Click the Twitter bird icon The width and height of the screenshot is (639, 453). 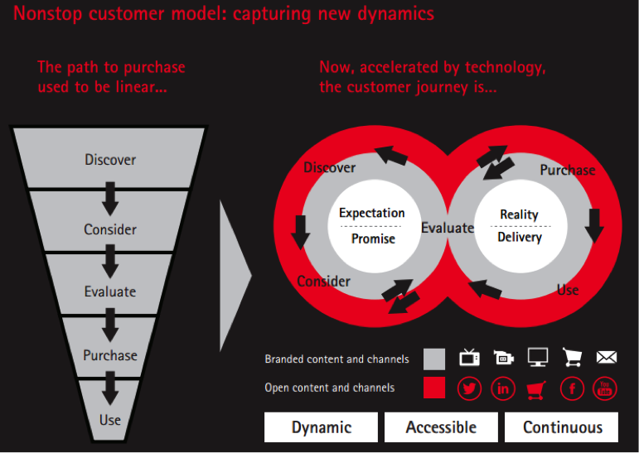tap(470, 388)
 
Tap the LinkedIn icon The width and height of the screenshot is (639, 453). tap(503, 388)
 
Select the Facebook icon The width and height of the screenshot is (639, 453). tap(572, 388)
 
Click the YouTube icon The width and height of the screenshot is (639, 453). tap(605, 388)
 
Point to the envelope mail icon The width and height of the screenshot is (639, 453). tap(607, 357)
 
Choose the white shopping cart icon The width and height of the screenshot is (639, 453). tap(572, 357)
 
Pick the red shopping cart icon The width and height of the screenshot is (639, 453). tap(537, 388)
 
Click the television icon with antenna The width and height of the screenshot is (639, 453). tap(469, 357)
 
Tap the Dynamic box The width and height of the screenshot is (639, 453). tap(322, 427)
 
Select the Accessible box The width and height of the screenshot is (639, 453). tap(441, 427)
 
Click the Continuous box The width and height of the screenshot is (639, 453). tap(563, 427)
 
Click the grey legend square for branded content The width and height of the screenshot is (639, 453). tap(434, 359)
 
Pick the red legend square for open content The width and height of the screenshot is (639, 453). tap(434, 388)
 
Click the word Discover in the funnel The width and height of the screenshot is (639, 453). tap(110, 159)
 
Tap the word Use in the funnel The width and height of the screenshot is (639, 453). tap(110, 420)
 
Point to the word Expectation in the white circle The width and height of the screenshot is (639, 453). tap(372, 213)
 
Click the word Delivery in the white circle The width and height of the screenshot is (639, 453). tap(520, 238)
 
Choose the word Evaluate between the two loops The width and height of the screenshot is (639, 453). tap(448, 228)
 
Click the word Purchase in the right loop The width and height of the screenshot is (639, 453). tap(568, 170)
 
